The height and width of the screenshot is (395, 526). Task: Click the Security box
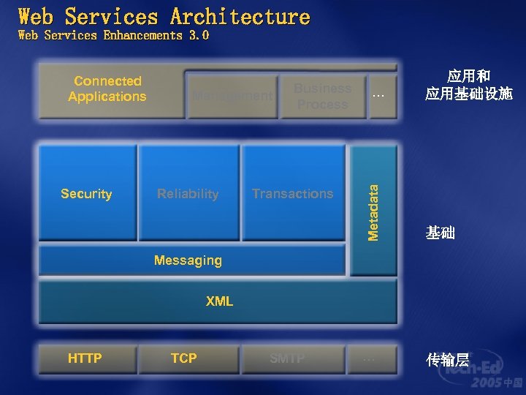[87, 193]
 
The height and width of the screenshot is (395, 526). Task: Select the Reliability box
[188, 193]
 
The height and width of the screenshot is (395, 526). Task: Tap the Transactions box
[293, 193]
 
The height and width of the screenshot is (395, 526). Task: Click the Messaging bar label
[188, 260]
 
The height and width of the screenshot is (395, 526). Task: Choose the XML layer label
[219, 301]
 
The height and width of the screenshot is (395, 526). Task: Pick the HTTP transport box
[85, 358]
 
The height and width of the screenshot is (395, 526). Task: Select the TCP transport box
[184, 358]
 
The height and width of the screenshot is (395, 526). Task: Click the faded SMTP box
[288, 358]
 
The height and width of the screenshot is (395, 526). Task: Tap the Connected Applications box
[108, 89]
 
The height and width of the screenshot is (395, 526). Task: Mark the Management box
[232, 96]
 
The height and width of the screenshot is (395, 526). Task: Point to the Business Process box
[322, 96]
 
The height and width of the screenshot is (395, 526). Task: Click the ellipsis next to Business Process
[378, 96]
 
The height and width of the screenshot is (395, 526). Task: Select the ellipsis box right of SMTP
[370, 358]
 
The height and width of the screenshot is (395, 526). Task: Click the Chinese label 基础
[441, 233]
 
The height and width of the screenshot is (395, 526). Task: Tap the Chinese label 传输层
[447, 359]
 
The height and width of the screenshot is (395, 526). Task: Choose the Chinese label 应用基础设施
[469, 94]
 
